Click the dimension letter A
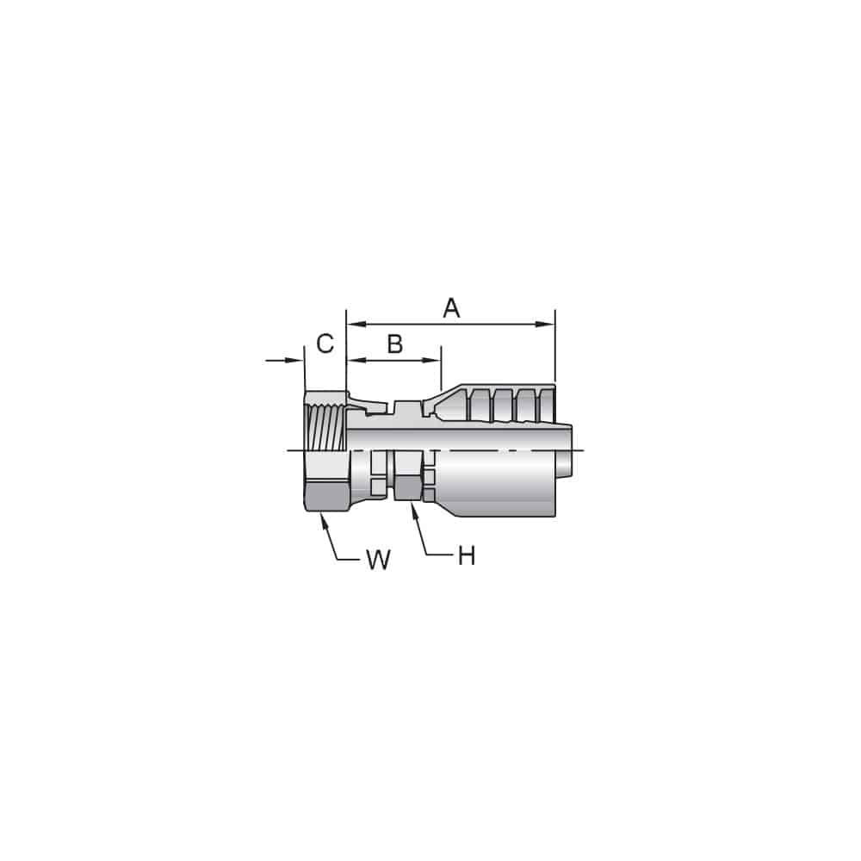(x=451, y=308)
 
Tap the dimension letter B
(x=394, y=344)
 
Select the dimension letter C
(x=325, y=344)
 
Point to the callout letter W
(x=378, y=561)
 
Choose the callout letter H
(x=466, y=557)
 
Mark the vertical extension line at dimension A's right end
(x=555, y=344)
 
